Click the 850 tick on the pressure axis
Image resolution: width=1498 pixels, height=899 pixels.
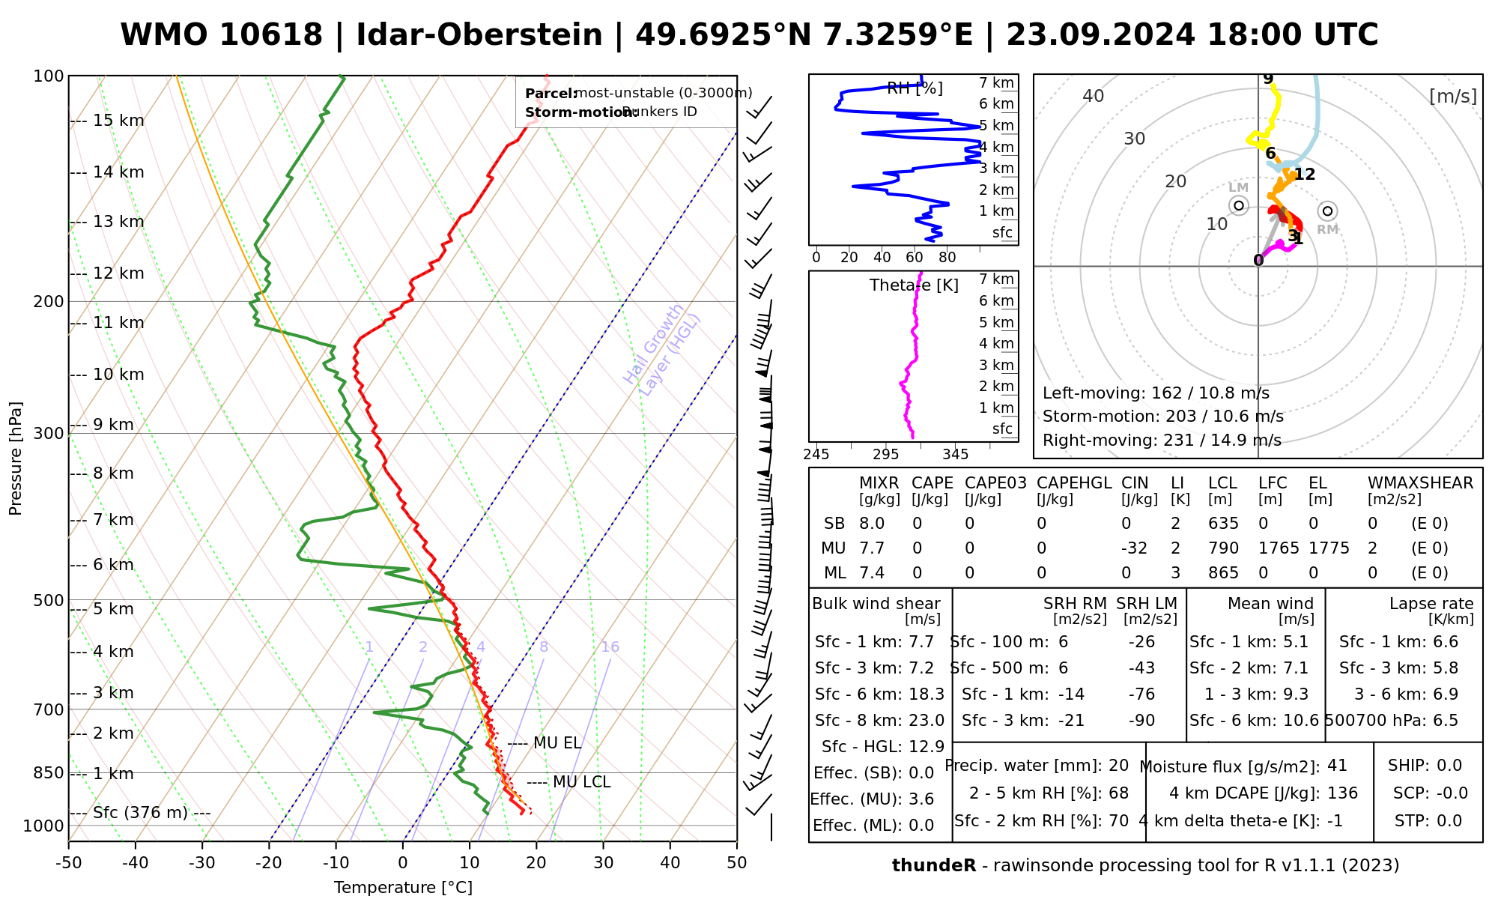[49, 772]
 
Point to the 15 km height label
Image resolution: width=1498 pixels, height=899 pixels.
[118, 121]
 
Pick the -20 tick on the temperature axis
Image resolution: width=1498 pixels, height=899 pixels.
[269, 863]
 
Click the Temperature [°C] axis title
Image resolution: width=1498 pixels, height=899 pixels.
[403, 888]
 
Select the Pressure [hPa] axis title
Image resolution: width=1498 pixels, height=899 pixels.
[16, 458]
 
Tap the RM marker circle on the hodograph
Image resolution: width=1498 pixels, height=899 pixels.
[1328, 211]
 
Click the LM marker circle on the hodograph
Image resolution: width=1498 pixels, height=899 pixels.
[1239, 205]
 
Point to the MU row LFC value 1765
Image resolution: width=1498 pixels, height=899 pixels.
[1279, 548]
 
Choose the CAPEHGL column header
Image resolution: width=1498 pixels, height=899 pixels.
[1074, 483]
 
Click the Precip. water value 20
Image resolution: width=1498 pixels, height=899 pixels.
[1118, 766]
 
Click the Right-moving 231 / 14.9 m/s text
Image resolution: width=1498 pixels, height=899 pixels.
[1162, 440]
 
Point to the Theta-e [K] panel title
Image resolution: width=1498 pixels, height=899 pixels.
[914, 285]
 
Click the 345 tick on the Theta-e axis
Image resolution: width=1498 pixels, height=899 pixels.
[955, 454]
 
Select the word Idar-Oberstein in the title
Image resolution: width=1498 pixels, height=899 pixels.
[479, 35]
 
